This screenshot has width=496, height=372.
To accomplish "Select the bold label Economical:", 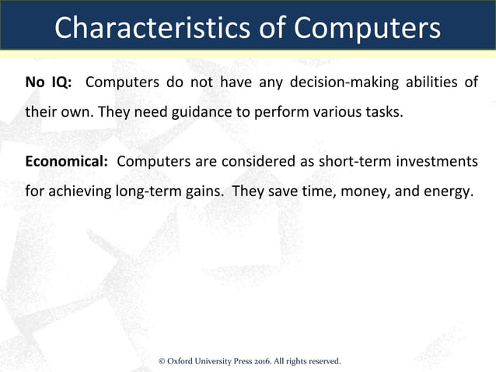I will click(66, 161).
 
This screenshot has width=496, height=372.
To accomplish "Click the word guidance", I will click(192, 111).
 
